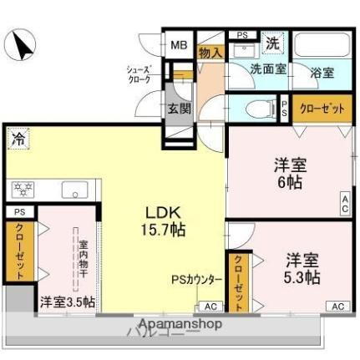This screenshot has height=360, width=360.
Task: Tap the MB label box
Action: coord(180,46)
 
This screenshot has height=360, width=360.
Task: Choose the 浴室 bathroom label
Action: coord(323,73)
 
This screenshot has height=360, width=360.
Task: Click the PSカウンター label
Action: coord(197,281)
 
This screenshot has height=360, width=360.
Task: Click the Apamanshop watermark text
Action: coord(179,324)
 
